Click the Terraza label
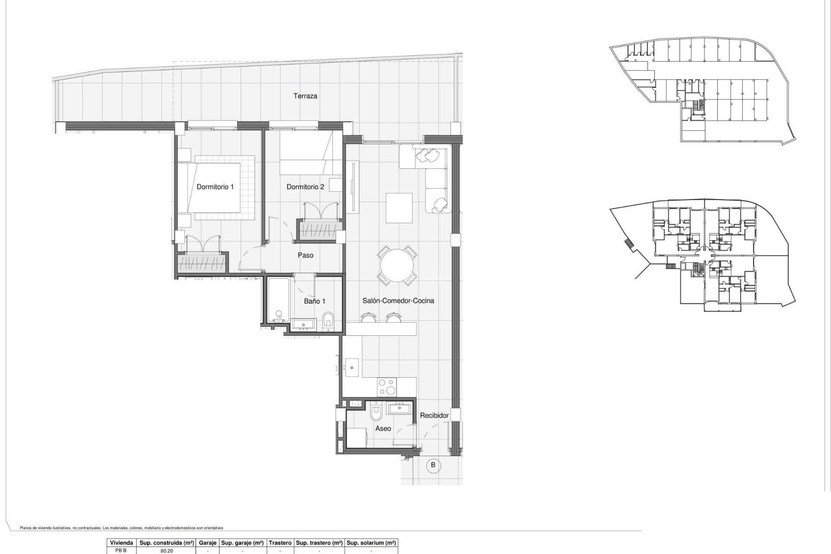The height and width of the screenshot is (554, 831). (305, 96)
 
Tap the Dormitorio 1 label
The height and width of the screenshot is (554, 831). (215, 187)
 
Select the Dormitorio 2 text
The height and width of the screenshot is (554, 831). (305, 187)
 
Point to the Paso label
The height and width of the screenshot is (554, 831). (305, 255)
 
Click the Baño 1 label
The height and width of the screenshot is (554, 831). (314, 301)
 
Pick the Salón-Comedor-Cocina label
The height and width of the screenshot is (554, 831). (398, 301)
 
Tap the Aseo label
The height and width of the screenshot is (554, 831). (383, 428)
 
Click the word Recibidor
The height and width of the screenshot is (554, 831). (434, 415)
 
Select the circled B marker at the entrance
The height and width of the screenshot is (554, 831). (433, 465)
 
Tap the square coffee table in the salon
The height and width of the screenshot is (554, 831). (399, 208)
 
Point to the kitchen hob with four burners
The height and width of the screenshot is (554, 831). (387, 387)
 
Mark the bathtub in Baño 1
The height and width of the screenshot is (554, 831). (278, 300)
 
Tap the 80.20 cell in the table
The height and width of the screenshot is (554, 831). (167, 551)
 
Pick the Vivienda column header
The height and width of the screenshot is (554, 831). (121, 543)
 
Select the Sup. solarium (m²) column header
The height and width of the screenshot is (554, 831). (371, 543)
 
